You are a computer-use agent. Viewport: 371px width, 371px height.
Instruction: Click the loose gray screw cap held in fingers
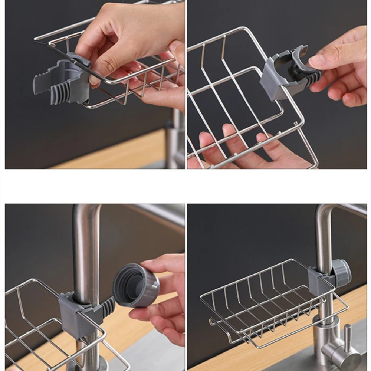coord(137,285)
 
